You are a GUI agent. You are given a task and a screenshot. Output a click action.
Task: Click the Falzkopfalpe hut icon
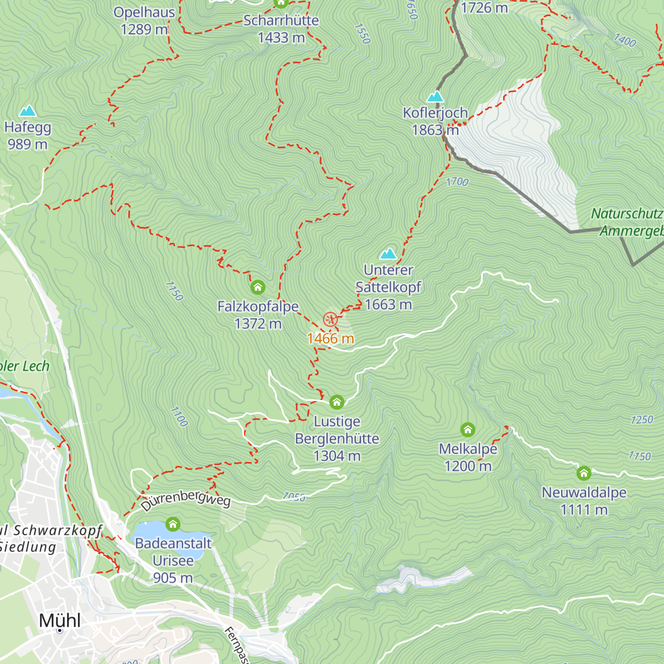258,287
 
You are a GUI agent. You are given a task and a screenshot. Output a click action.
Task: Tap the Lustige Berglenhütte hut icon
336,402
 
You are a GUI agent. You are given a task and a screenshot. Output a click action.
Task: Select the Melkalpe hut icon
468,429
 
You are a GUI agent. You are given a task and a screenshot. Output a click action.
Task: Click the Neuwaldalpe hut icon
584,473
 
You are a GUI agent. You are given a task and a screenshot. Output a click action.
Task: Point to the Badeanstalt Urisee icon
173,524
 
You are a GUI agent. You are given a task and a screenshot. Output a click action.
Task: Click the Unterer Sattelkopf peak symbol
388,254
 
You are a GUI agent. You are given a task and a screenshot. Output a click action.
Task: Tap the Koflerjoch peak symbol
435,97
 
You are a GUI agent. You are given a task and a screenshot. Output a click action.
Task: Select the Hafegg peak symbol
27,111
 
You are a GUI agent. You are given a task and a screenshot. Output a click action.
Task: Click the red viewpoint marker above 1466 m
330,319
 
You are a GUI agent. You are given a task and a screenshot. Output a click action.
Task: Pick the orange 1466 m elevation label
330,339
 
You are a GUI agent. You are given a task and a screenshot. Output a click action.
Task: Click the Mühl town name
60,621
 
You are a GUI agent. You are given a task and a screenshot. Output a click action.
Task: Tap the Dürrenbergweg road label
185,500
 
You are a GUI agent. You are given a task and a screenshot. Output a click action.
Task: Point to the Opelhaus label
144,12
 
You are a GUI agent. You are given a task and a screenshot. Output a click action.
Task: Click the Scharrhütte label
281,20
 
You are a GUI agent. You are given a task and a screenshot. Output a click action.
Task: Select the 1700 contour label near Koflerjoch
457,181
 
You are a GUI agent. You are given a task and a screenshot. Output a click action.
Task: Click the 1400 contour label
625,40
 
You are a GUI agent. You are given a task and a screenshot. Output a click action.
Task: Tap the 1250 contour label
642,420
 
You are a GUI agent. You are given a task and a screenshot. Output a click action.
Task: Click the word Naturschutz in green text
626,214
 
